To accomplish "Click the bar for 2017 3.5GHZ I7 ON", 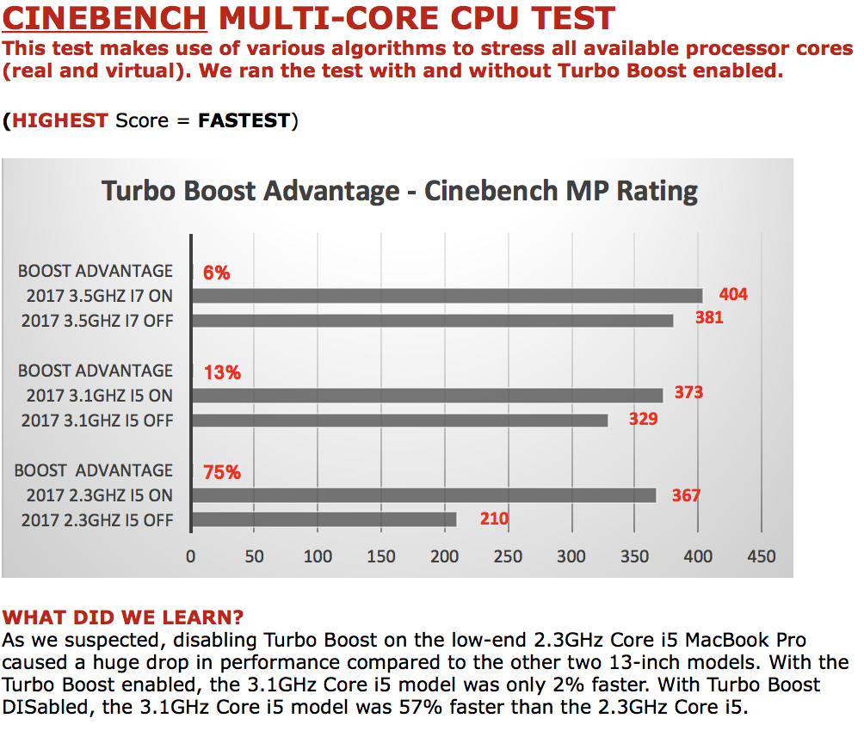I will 446,296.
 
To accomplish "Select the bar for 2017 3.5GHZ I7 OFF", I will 431,321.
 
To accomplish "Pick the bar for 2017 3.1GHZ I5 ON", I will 427,396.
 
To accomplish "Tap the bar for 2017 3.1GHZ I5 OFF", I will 399,421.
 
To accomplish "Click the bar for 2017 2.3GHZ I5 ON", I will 423,495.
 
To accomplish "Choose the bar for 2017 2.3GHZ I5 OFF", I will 324,519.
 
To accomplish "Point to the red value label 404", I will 733,295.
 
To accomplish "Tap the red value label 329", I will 643,419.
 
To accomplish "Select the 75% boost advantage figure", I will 222,472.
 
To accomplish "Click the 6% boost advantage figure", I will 216,273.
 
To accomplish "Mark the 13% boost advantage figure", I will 222,373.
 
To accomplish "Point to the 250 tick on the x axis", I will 508,556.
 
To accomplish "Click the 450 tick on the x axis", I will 762,556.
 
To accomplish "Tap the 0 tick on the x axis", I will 191,556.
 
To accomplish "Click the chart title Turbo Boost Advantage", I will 399,190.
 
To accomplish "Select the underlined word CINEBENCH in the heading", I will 106,18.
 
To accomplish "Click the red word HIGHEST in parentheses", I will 60,120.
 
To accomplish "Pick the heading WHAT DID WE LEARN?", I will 123,617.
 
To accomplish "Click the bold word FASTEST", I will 244,120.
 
